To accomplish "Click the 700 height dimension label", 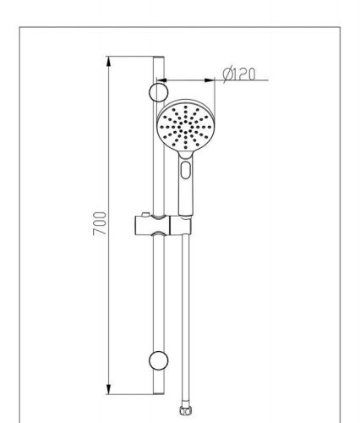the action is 100,223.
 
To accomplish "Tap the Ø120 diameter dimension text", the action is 239,74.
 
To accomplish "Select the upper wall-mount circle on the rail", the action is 158,92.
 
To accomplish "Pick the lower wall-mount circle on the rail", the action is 158,360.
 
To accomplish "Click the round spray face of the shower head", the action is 186,128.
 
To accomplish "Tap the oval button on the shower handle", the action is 185,170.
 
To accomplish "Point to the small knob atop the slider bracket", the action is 145,215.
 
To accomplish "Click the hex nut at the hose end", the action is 185,410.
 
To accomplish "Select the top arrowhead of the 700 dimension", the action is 109,62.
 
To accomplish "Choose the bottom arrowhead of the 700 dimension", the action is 109,389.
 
